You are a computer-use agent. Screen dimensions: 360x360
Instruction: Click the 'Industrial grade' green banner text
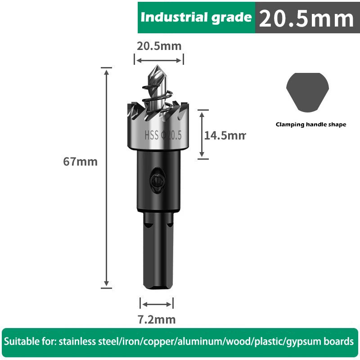click(x=196, y=18)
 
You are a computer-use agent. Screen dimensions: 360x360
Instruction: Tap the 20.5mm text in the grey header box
click(x=306, y=18)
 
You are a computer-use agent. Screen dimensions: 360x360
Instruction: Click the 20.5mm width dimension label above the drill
click(x=159, y=46)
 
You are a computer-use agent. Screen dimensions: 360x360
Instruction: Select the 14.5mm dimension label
click(x=225, y=135)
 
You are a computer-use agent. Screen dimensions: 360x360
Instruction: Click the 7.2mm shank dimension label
click(x=156, y=319)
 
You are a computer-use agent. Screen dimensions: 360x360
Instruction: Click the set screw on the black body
click(x=156, y=180)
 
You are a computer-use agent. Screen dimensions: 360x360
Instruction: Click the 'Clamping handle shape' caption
click(x=311, y=125)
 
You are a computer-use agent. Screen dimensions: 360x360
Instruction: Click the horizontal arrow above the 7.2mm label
click(x=156, y=304)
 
